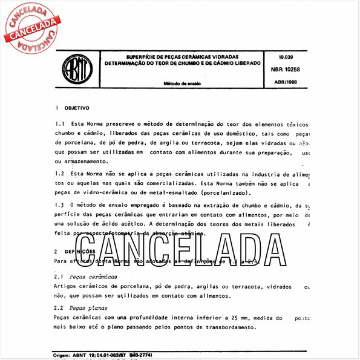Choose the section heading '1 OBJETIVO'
(72, 108)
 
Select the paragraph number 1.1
(59, 124)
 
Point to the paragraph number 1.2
(59, 174)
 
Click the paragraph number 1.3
(59, 206)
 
